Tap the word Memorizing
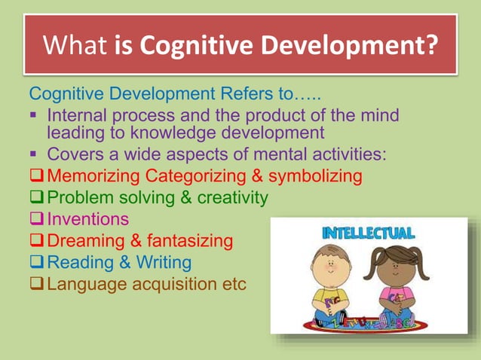tap(94, 176)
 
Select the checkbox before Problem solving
tap(36, 198)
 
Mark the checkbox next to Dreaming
tap(36, 241)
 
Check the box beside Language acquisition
tap(36, 285)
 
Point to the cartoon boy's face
tap(328, 268)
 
